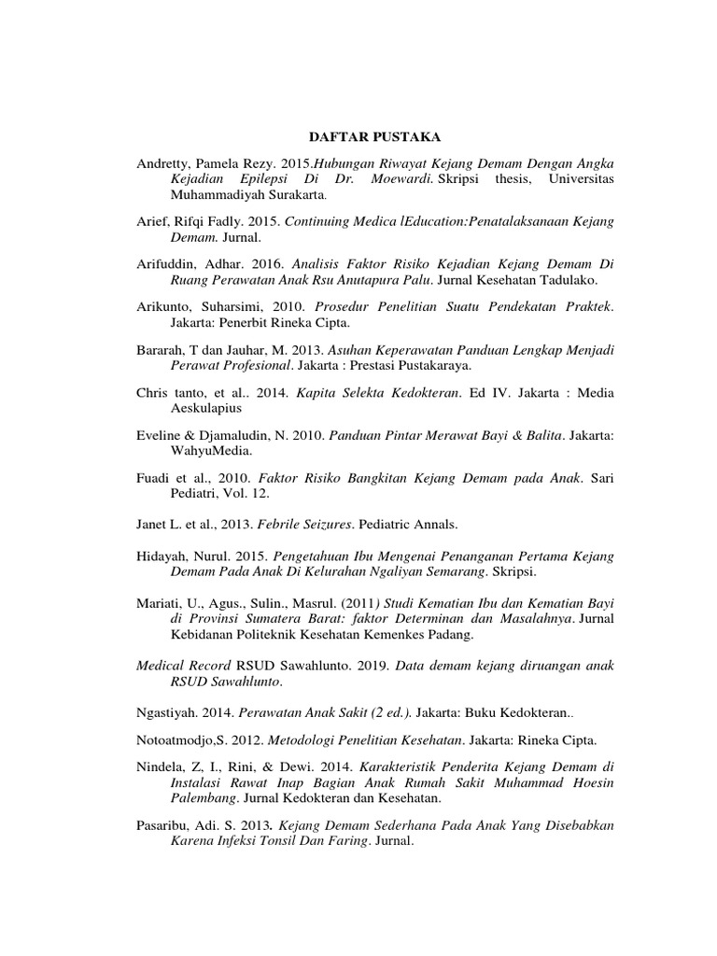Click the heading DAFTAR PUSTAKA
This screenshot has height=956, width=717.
tap(358, 137)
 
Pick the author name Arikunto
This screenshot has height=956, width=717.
tap(163, 306)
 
